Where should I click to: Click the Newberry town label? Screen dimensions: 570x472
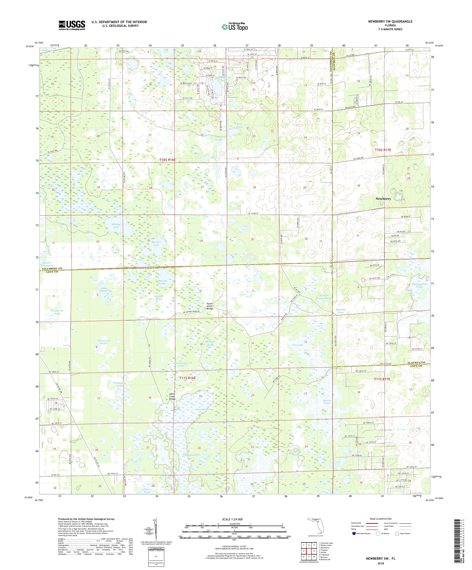383,199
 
